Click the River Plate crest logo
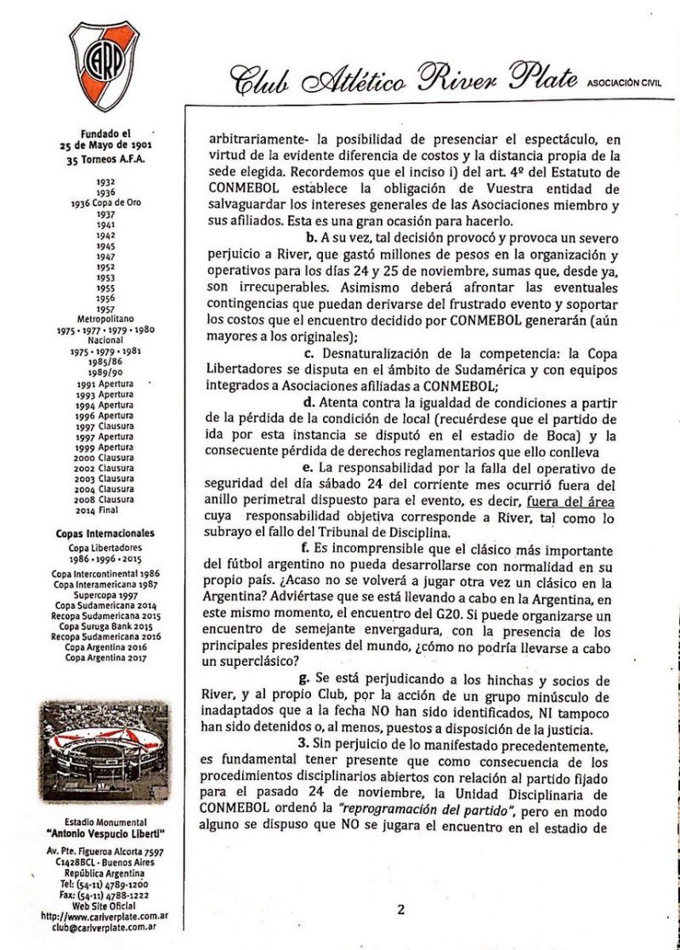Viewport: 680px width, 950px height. pyautogui.click(x=105, y=66)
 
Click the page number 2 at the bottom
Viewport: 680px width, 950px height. pyautogui.click(x=400, y=909)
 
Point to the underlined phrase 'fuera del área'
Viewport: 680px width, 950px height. pyautogui.click(x=570, y=502)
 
